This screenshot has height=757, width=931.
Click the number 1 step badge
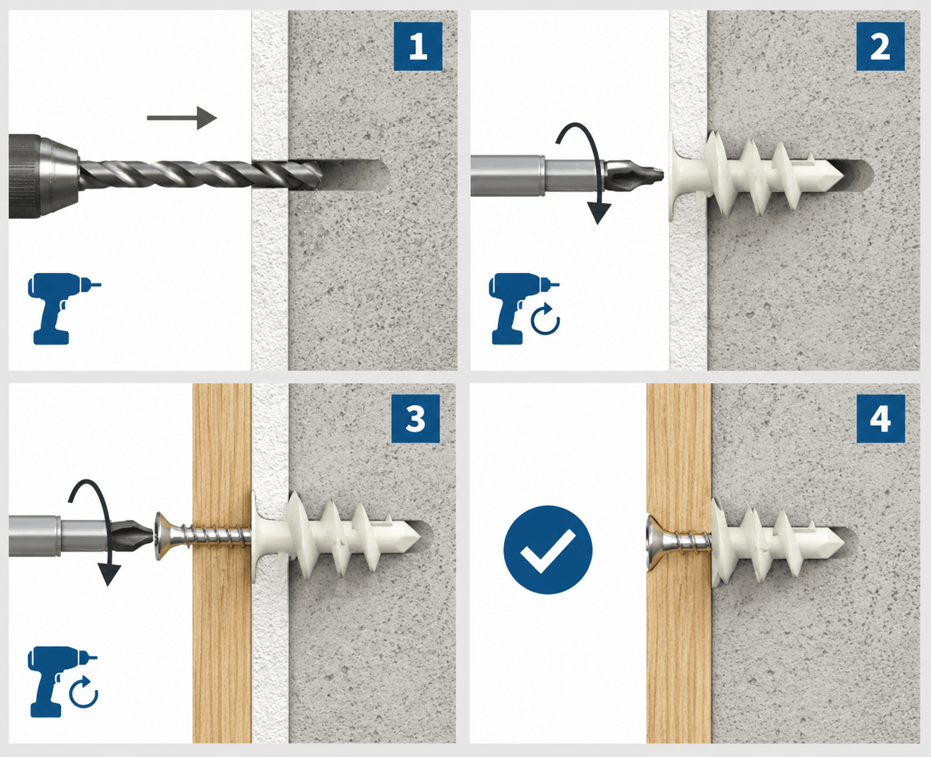pos(418,46)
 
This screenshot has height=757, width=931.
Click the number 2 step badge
pos(880,46)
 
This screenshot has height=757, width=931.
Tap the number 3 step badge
pos(415,419)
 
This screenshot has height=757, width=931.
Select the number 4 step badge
pos(880,419)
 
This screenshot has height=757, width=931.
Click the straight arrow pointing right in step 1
pos(182,118)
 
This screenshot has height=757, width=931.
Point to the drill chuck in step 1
pos(44,176)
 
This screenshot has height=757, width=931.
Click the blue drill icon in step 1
pos(64,309)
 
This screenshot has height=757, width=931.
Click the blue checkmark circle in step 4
pos(548,550)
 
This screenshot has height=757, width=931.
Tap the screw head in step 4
pos(654,543)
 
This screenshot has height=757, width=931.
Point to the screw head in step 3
pos(163,537)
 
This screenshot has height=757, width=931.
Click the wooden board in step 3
pos(222,563)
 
